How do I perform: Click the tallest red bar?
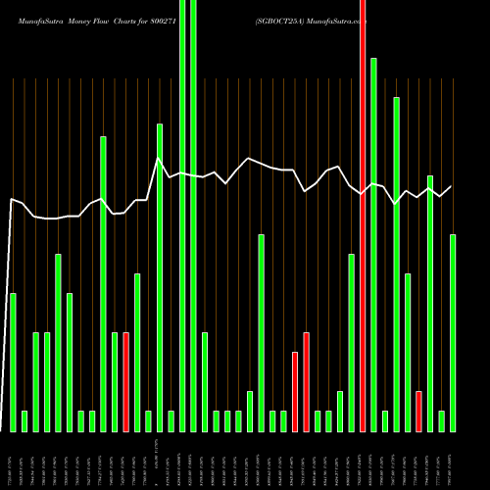(363, 216)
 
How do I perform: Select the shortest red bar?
(418, 412)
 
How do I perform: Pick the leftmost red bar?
(125, 382)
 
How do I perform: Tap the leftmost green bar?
(13, 363)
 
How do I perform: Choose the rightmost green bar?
(453, 333)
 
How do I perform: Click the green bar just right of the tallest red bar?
(373, 245)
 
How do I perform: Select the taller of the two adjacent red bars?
(306, 382)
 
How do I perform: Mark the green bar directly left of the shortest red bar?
(408, 353)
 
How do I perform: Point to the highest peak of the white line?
(158, 157)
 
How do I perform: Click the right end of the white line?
(452, 186)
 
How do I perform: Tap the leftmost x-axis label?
(12, 459)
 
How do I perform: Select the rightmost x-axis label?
(453, 459)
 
